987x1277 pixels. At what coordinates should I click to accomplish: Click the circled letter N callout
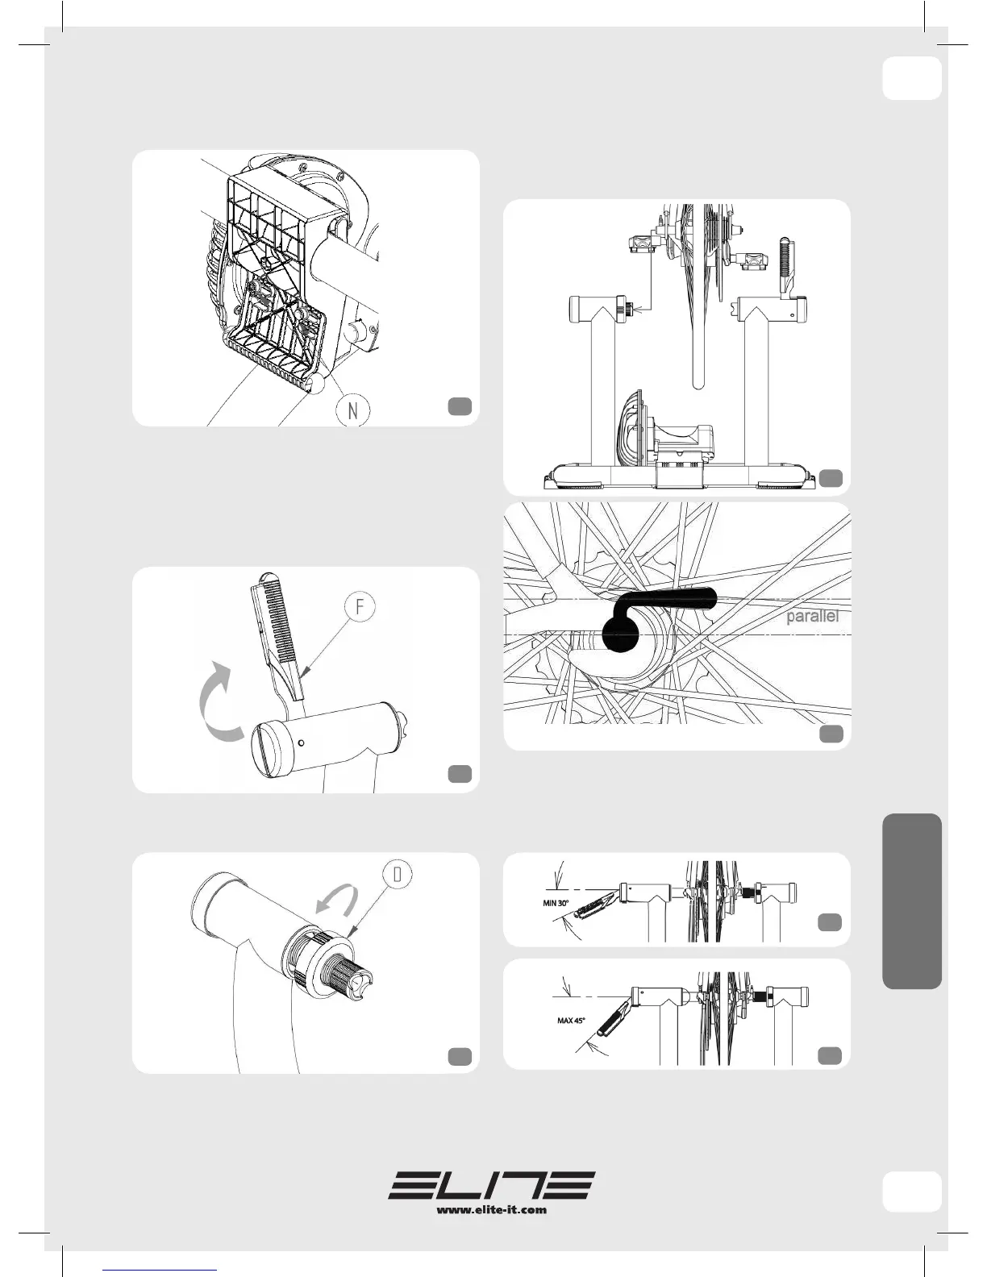pos(352,410)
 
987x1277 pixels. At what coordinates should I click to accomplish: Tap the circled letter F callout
pos(360,606)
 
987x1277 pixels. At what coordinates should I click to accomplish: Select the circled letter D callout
pos(399,875)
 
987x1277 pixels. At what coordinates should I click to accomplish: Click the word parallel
pos(812,617)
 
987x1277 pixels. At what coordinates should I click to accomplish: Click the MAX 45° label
pos(571,1020)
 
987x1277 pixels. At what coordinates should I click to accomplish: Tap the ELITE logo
pos(492,1184)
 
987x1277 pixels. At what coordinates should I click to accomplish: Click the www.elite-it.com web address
pos(492,1209)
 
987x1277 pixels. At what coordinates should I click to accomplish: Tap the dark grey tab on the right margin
pos(912,901)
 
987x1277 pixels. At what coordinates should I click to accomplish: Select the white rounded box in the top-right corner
pos(912,78)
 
